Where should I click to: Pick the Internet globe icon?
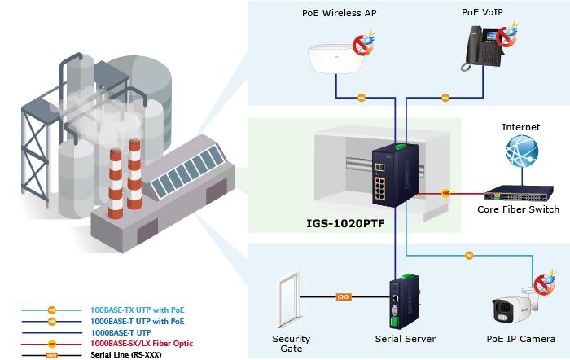point(521,154)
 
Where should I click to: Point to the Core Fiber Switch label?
point(518,210)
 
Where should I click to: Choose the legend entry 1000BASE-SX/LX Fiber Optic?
point(142,344)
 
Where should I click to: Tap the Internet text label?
point(521,127)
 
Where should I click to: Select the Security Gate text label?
point(291,344)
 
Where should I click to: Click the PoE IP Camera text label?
point(520,339)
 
